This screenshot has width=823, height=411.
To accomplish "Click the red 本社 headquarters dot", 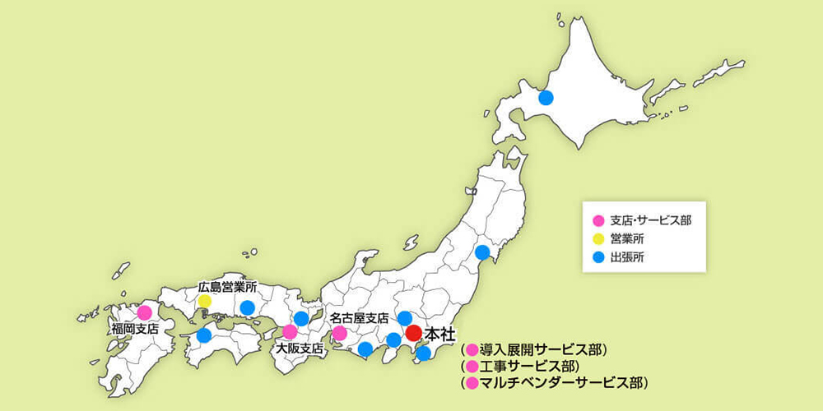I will pos(415,333).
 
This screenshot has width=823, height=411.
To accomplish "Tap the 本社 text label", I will pos(439,334).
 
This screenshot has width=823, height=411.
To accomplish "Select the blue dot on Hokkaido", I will pos(545,99).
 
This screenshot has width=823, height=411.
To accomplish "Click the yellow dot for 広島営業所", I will pos(204,302).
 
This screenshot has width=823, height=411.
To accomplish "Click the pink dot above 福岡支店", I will pos(144,312).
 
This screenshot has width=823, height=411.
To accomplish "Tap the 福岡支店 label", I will pos(135,329).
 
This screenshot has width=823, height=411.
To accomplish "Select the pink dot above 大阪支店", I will pos(290,332).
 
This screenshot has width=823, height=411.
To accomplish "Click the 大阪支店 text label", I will pos(300,349).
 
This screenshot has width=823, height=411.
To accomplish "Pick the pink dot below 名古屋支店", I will pos(339,333).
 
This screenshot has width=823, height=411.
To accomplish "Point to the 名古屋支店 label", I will pos(359,317).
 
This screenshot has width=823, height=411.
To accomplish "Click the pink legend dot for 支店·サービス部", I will pos(599,220).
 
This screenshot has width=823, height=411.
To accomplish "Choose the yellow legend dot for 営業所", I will pos(599,239).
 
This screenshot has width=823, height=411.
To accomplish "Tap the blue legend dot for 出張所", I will pos(599,258).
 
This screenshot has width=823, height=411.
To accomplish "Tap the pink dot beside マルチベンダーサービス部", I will pos(472,383).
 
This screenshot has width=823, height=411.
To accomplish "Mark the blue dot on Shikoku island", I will pos(203,335).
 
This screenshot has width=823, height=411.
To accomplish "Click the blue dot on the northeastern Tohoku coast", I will pos(482,252).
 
